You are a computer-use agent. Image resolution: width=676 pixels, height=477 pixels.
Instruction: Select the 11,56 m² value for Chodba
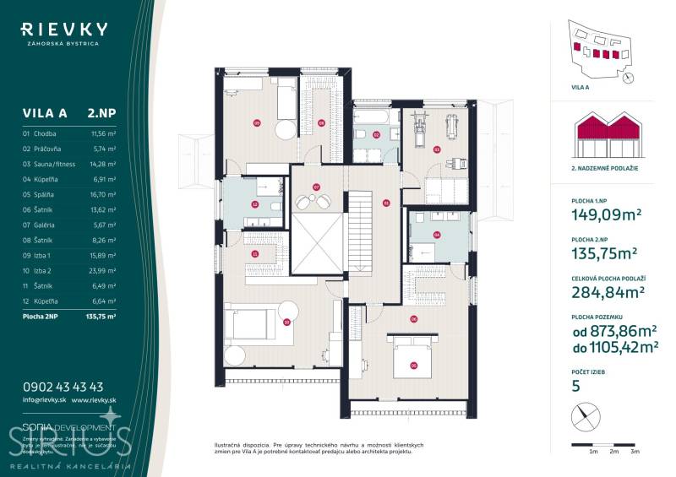103,133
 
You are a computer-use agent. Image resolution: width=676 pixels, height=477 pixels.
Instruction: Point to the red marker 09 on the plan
257,123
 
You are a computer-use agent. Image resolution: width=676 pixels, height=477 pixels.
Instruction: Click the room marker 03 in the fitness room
437,149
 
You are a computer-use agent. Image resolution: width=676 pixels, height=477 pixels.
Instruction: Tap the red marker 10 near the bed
287,321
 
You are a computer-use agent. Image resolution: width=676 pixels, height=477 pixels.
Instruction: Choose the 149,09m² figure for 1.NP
595,214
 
